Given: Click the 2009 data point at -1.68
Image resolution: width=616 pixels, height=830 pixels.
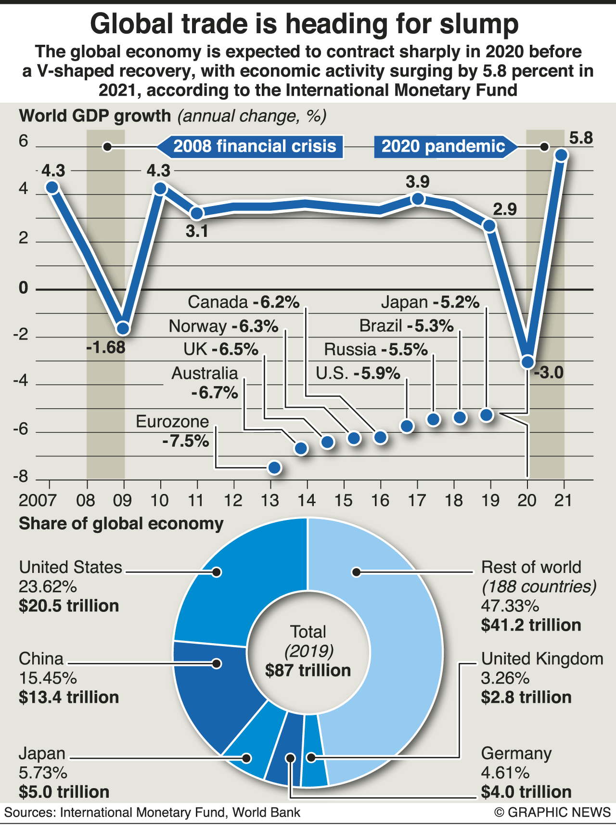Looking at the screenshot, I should (123, 328).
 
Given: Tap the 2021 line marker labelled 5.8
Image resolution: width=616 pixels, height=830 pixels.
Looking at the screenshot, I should (561, 155).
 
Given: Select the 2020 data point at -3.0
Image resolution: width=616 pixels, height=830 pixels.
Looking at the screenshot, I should (527, 362).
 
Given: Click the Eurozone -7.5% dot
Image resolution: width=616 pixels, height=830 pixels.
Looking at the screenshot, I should (274, 467).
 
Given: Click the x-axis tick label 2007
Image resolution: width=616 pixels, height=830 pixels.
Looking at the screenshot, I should (37, 501).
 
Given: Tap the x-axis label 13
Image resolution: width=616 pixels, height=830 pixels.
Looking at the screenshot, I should (270, 501).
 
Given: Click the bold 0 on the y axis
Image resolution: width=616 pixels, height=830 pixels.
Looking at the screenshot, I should (24, 288).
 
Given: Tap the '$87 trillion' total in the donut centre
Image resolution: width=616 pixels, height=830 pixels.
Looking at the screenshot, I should (308, 671).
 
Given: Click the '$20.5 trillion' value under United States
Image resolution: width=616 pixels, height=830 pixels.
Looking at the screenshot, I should (69, 606).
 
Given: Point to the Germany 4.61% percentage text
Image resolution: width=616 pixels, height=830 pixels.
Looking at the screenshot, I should (505, 773).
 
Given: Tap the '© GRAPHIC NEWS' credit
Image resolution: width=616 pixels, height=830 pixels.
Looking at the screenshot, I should (552, 813).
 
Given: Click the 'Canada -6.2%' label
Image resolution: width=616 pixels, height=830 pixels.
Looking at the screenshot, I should (244, 302).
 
